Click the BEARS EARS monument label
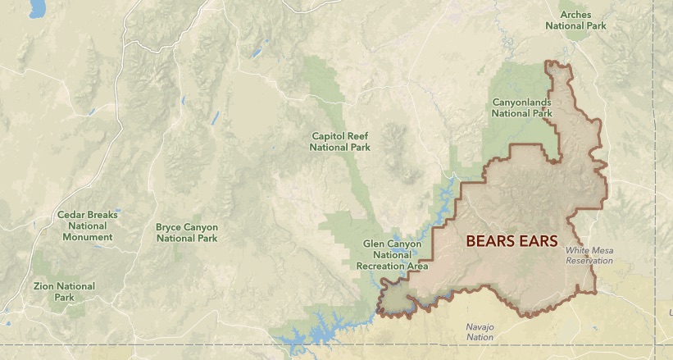512,241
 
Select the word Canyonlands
521,103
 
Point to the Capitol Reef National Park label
340,141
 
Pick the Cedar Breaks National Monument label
87,226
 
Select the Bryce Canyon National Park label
186,232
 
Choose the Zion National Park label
64,292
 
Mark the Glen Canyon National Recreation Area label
392,255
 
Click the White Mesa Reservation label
589,256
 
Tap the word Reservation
589,261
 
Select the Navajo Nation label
480,331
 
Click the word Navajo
480,326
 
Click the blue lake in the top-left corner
37,9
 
